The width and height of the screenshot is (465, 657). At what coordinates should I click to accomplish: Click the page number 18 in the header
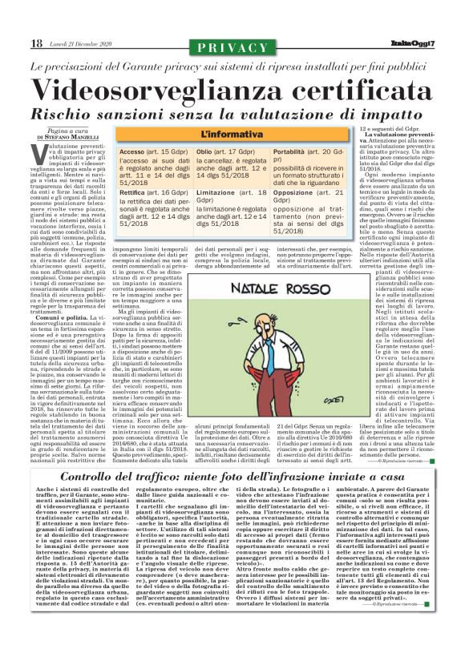(x=14, y=42)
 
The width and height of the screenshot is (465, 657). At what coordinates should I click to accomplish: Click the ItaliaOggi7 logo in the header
(x=435, y=42)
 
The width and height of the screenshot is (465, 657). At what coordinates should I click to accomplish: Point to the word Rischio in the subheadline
(x=82, y=112)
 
